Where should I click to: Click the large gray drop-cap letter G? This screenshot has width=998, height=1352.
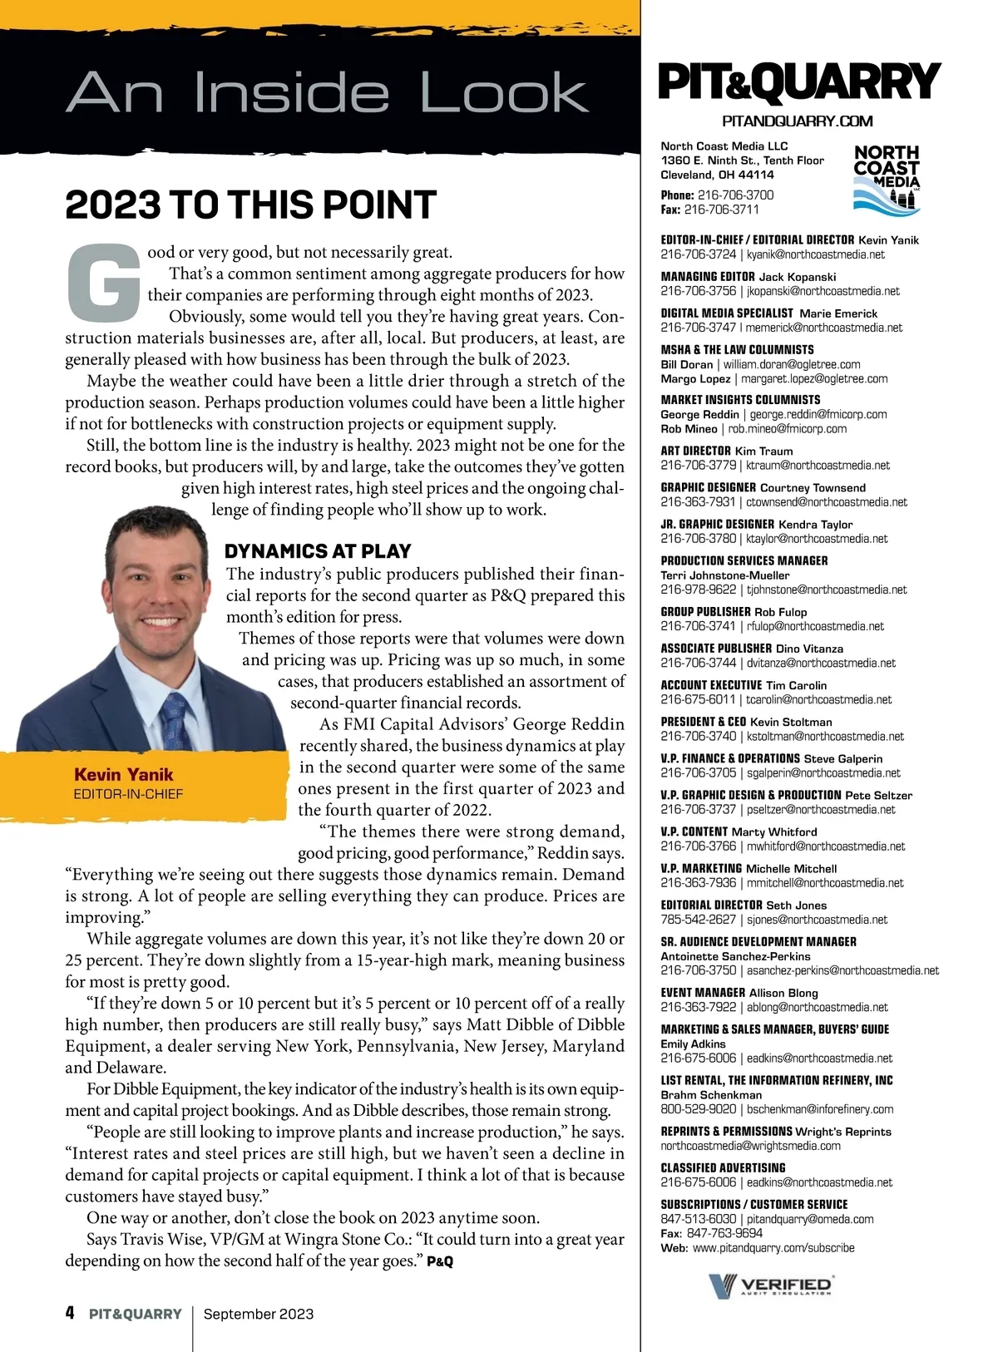coord(102,283)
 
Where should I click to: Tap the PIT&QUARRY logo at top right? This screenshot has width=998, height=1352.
coord(798,82)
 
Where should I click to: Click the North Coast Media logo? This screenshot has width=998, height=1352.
coord(887,176)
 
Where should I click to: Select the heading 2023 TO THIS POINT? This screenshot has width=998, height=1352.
coord(250,205)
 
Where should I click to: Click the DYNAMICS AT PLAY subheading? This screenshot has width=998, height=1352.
coord(318,551)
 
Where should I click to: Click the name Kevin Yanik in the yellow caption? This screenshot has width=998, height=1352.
coord(123,774)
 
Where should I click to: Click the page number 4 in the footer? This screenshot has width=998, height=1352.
coord(70,1313)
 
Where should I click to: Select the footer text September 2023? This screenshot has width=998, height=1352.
coord(259,1314)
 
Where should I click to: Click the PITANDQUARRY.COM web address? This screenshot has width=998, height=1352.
coord(797,121)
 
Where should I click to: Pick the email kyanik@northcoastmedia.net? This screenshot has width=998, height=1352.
coord(815,254)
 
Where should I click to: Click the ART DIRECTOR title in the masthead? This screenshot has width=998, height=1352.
coord(695,451)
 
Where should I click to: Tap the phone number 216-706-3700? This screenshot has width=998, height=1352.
coord(735,195)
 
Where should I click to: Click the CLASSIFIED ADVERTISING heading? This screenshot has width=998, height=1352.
coord(723,1168)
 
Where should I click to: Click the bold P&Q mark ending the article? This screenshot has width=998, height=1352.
coord(440,1262)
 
